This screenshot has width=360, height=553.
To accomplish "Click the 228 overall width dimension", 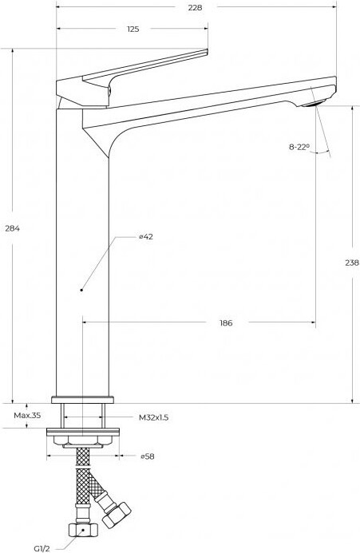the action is point(195,7).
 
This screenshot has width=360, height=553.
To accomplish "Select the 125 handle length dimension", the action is point(133,29).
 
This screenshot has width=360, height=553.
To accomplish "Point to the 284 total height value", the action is point(12,228).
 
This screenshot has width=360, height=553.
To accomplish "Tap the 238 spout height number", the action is point(352,263).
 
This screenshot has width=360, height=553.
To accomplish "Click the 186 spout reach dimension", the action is point(226,322).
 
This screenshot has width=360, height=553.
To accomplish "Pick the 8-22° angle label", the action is point(299,147).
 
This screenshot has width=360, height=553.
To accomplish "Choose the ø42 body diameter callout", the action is point(146,237).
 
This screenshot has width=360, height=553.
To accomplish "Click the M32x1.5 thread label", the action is point(153,417).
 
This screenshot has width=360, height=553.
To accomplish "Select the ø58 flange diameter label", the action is point(147,456).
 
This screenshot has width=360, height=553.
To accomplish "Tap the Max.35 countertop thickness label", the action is point(27,415).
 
